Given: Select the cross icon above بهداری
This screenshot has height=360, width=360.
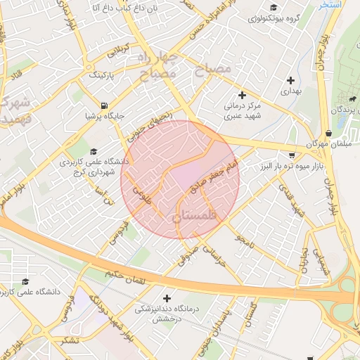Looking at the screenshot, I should point(290,80).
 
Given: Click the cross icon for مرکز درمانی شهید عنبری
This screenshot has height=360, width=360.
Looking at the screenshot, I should point(243,95).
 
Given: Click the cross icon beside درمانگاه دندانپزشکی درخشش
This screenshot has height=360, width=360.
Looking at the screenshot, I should point(167,298).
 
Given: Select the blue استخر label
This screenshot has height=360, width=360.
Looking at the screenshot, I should point(328,4).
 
